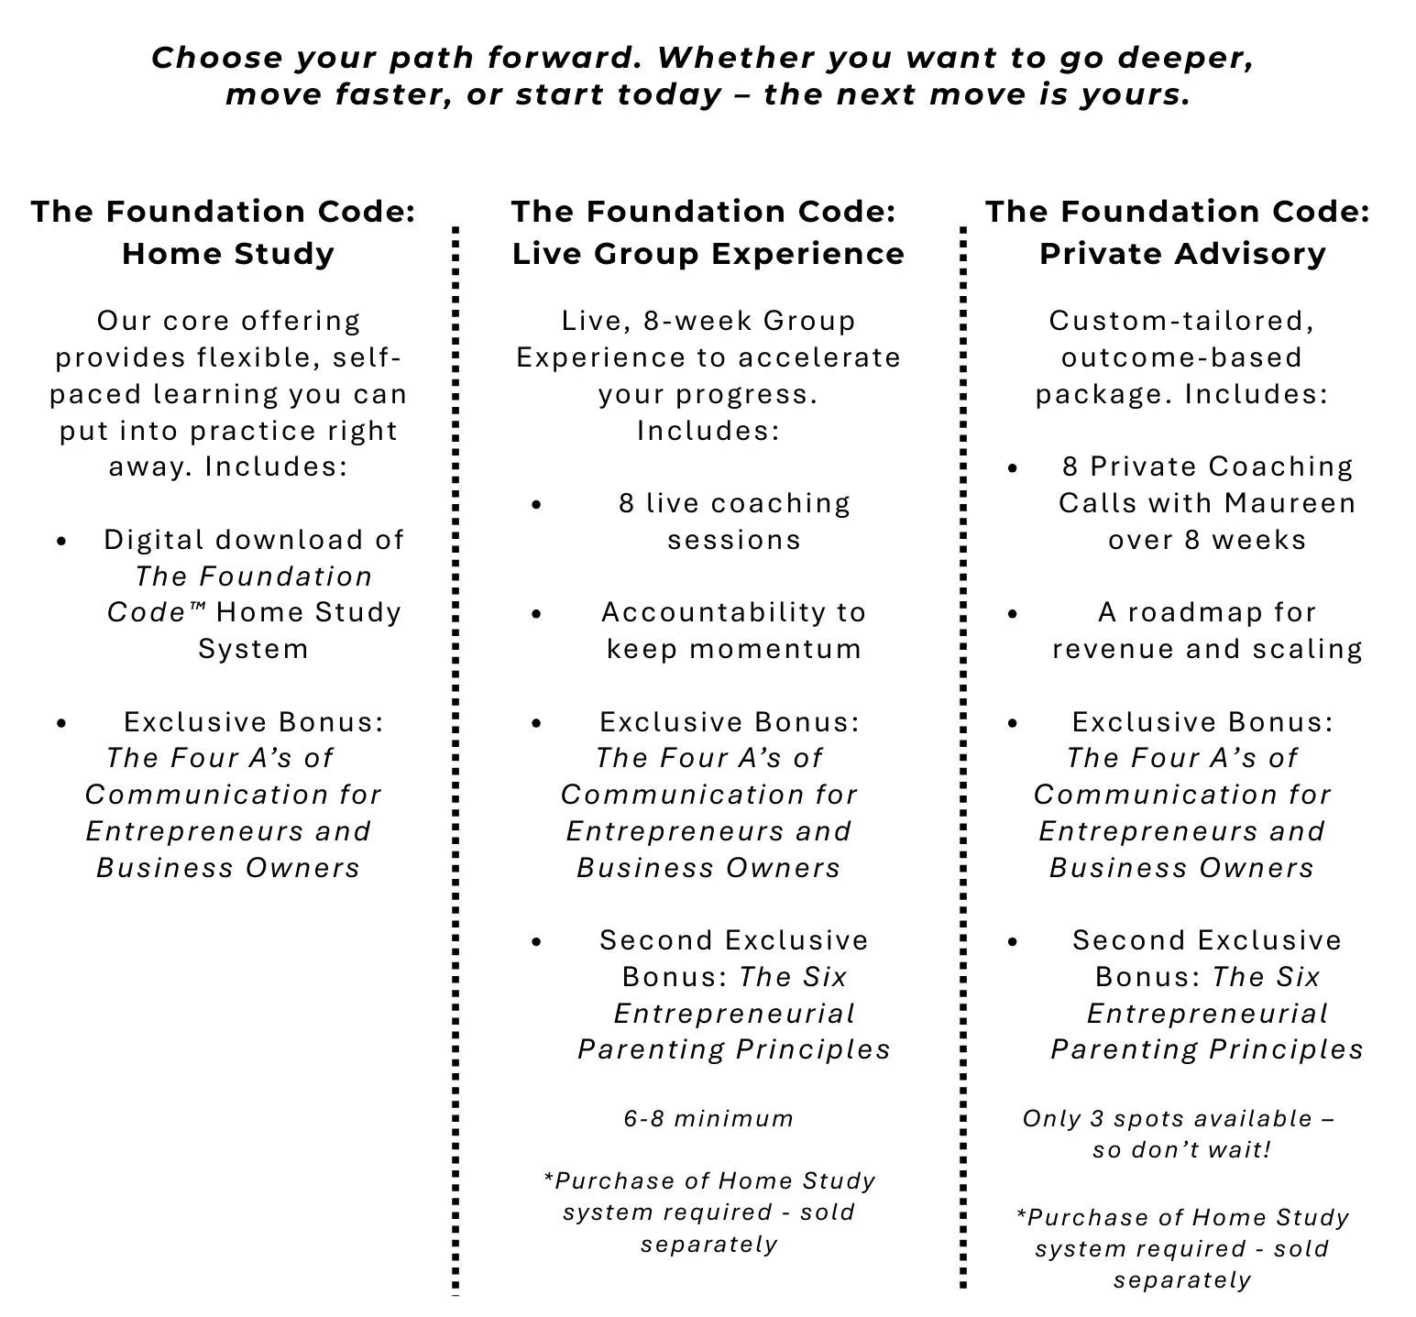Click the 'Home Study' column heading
(x=228, y=253)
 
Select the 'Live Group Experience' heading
(x=708, y=253)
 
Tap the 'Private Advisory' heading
(x=1182, y=253)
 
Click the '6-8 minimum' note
(x=708, y=1118)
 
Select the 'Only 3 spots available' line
(x=1178, y=1118)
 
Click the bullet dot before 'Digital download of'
(x=61, y=541)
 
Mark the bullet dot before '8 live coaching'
(x=536, y=504)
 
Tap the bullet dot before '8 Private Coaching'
(x=1012, y=468)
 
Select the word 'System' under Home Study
(x=253, y=649)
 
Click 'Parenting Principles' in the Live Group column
(x=733, y=1049)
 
